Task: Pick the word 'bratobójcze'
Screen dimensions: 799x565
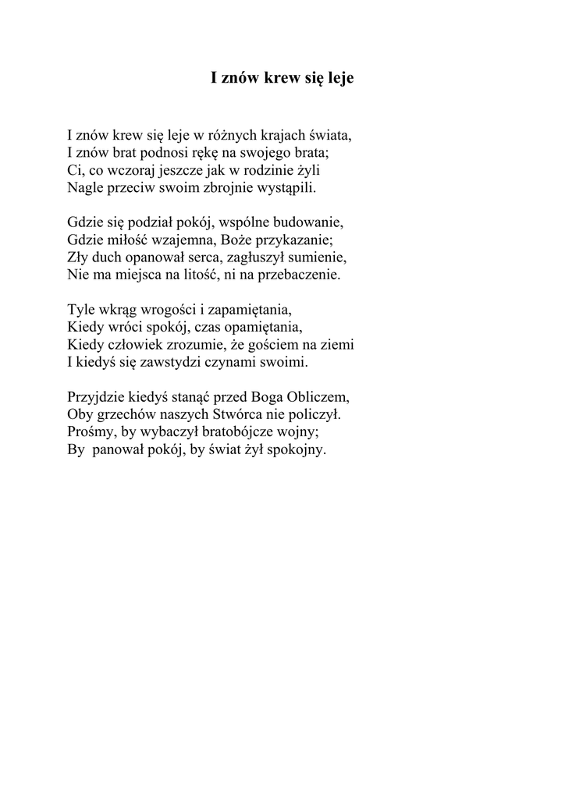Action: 229,431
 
